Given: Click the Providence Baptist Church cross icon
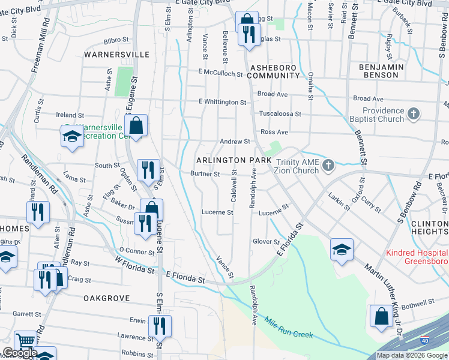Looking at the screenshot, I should pos(413,113).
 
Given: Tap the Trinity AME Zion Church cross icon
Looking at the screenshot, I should pos(328,165).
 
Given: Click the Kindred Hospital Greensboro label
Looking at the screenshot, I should pos(417,257).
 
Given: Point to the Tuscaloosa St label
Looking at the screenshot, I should pos(280,113).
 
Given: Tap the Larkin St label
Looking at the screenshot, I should pos(339,201).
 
